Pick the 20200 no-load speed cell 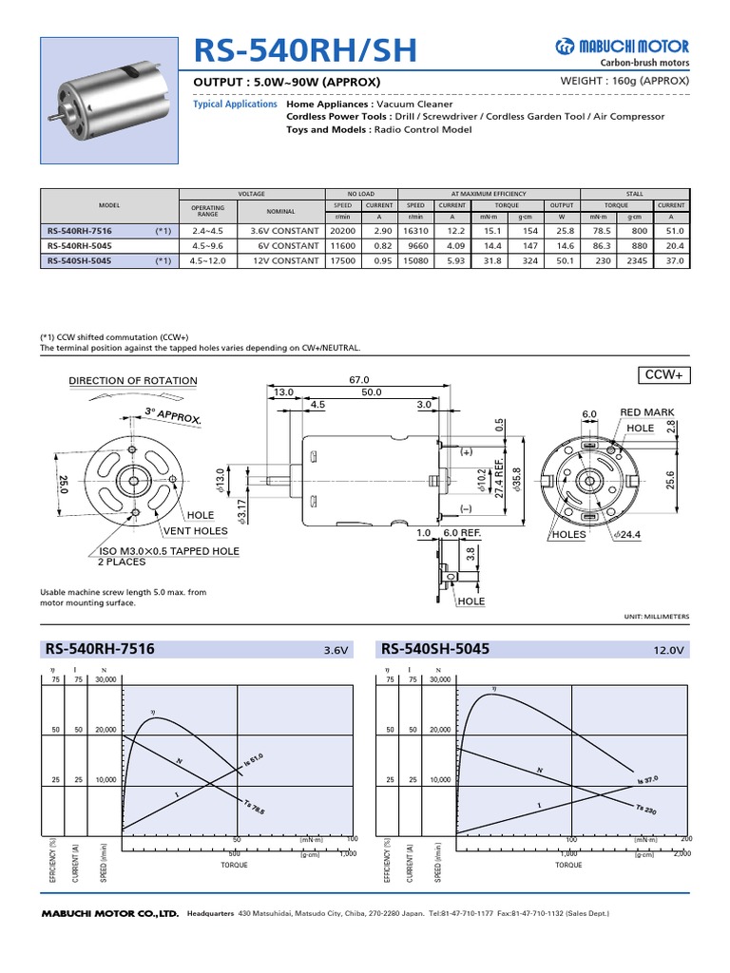(x=341, y=231)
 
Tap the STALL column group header (x=634, y=193)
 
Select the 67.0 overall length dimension (x=358, y=378)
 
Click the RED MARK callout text (x=647, y=413)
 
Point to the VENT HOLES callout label (x=196, y=530)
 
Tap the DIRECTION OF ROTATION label (x=133, y=381)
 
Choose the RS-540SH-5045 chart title (x=434, y=650)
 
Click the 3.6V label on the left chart (x=336, y=652)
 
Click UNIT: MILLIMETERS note (x=657, y=617)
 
